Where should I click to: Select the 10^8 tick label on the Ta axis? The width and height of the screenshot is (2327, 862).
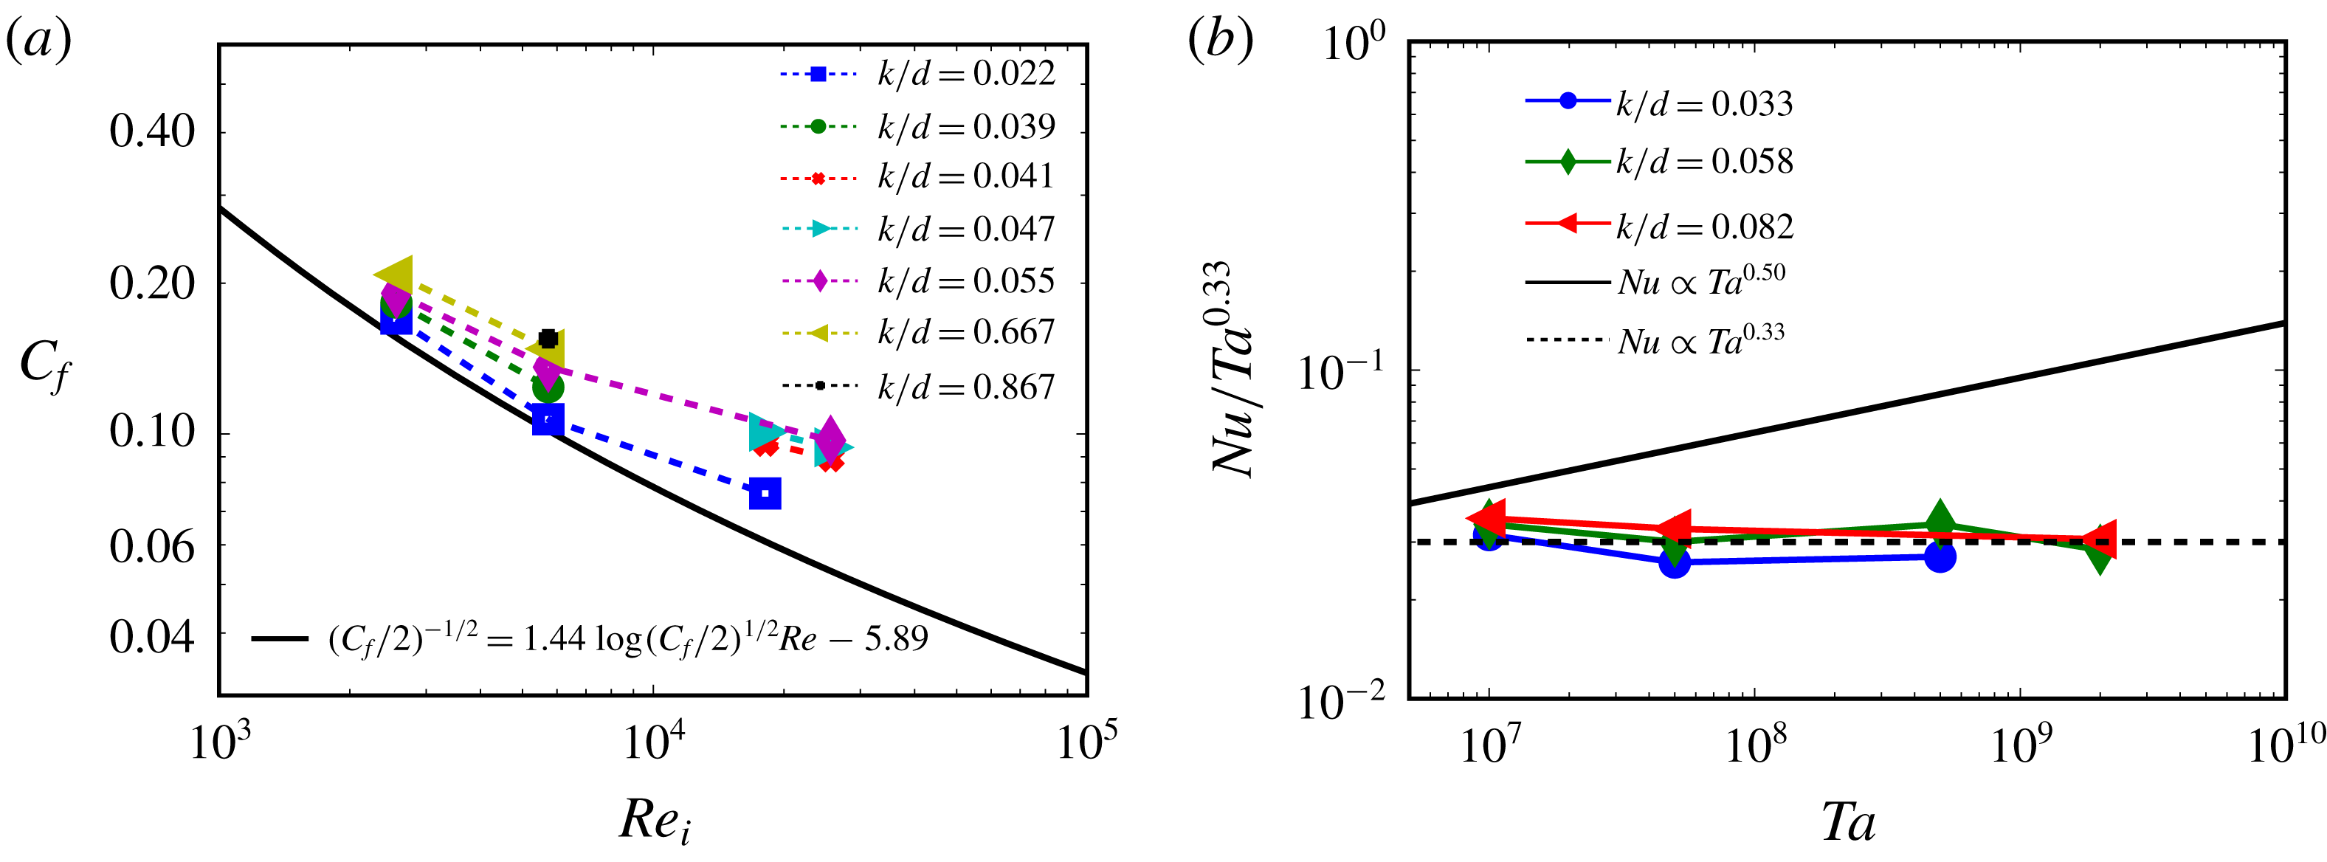[1754, 745]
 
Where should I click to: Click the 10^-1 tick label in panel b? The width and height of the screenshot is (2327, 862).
[1340, 372]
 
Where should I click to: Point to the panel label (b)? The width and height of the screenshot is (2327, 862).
[1219, 41]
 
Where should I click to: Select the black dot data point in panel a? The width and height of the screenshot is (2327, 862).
[548, 339]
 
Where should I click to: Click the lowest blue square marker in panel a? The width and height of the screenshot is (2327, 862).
[765, 493]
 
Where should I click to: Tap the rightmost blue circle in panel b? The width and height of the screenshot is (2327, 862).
[1940, 556]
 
